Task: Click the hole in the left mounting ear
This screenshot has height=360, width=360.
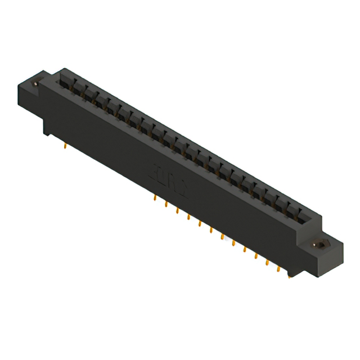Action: [x=37, y=83]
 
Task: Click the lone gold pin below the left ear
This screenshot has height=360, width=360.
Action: [x=67, y=147]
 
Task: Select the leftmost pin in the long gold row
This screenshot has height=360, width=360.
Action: [x=155, y=198]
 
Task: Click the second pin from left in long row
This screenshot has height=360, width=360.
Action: [x=166, y=204]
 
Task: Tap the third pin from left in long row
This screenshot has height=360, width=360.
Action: [x=177, y=210]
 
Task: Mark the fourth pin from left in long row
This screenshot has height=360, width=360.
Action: [x=188, y=217]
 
